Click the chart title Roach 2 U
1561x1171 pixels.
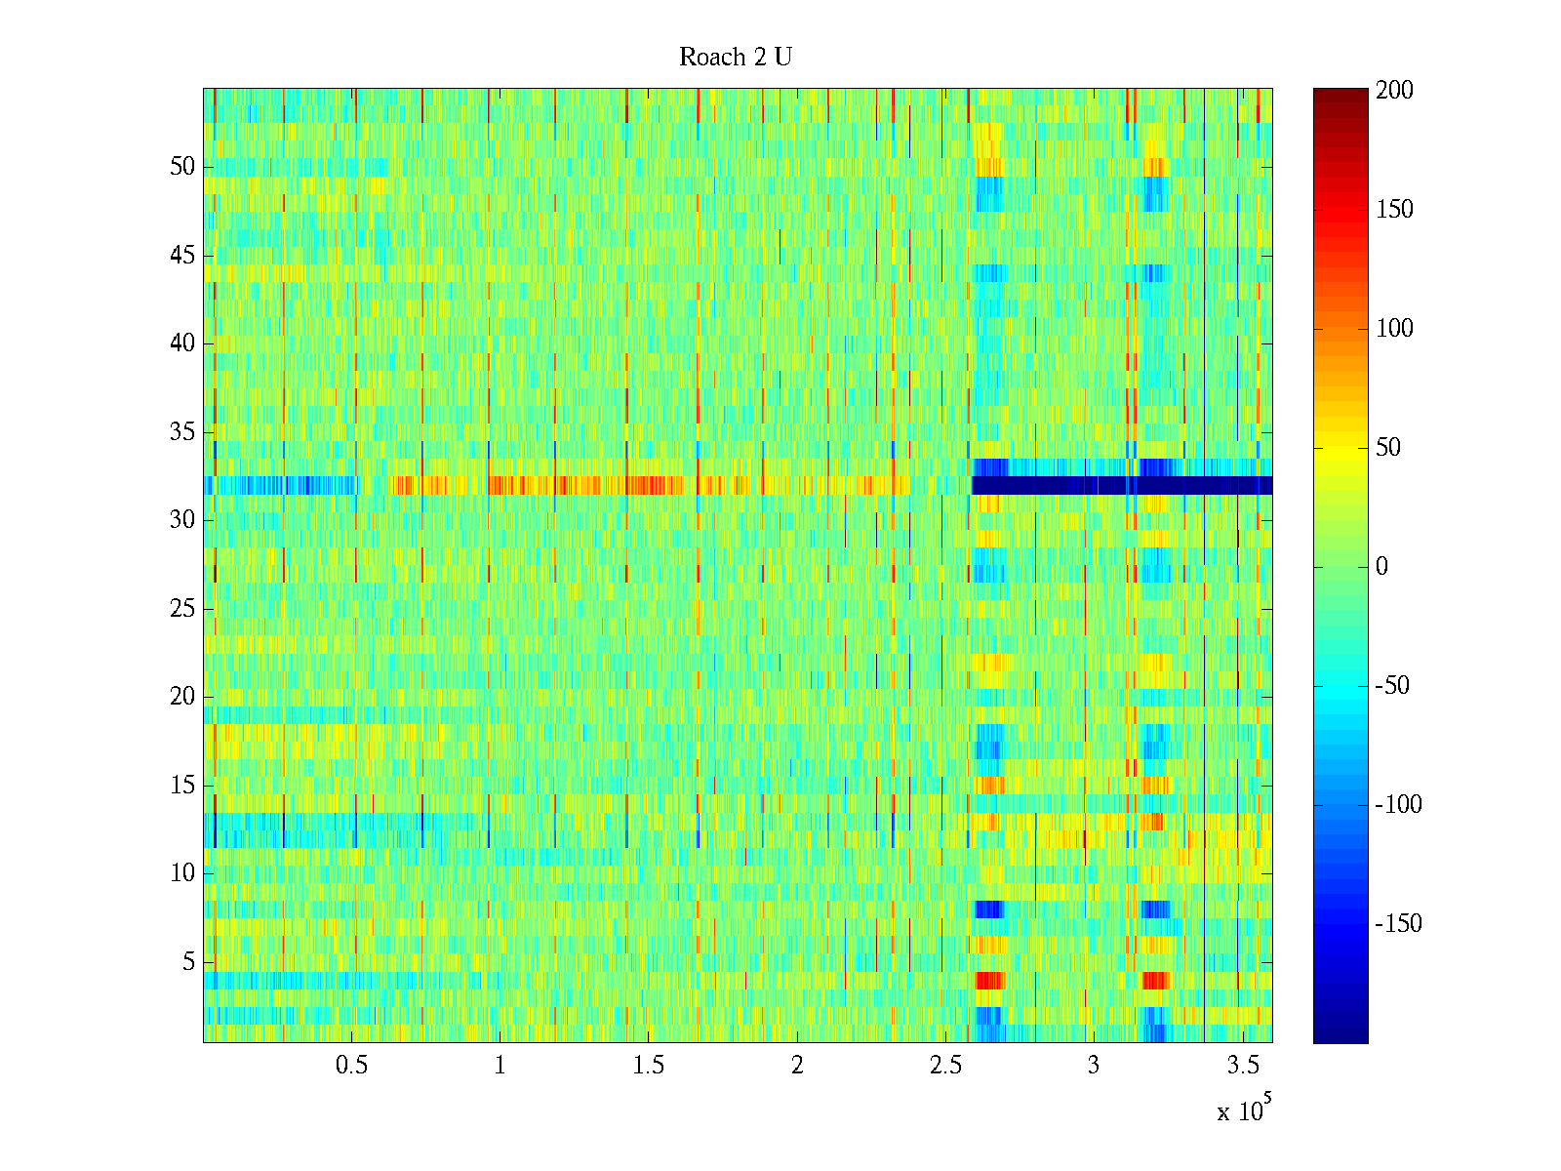tap(735, 58)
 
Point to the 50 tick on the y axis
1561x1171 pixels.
tap(182, 167)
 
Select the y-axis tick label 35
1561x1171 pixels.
tap(182, 431)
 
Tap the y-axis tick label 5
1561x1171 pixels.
tap(188, 962)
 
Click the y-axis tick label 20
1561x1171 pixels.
tap(182, 697)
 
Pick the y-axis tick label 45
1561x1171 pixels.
tap(182, 256)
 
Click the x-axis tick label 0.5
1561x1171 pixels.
tap(351, 1066)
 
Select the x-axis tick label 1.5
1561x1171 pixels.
tap(648, 1066)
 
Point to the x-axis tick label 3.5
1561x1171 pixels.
tap(1242, 1066)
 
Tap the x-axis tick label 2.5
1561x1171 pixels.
tap(945, 1066)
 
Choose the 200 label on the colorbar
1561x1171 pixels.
tap(1394, 91)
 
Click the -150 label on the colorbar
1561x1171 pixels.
tap(1398, 924)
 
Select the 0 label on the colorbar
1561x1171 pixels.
tap(1381, 567)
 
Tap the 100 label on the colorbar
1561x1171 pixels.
tap(1394, 329)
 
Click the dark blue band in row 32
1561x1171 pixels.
tap(1122, 485)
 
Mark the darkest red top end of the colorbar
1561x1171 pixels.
tap(1341, 93)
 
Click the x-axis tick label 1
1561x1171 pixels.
tap(500, 1066)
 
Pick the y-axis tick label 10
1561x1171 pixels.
tap(182, 873)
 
